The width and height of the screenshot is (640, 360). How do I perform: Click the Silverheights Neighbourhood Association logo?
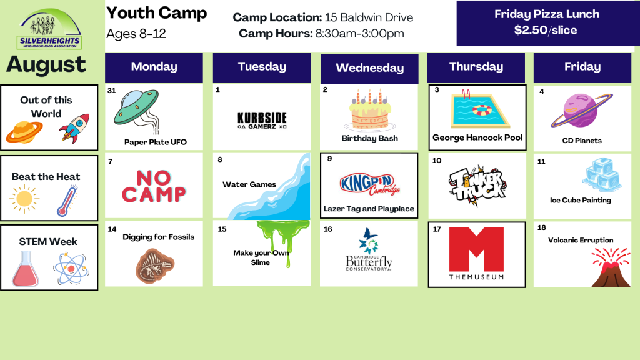[x=50, y=29]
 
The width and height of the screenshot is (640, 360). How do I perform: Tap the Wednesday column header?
[x=369, y=68]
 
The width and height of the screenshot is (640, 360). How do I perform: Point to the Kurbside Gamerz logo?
[x=262, y=121]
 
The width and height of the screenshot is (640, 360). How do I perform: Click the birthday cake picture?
[x=370, y=109]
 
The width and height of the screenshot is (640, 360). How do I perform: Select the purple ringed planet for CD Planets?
[x=582, y=111]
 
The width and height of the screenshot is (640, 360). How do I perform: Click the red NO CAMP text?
[x=154, y=186]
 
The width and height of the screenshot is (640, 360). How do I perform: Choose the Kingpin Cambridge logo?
[x=369, y=184]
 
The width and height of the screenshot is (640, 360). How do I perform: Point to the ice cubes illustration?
[x=602, y=175]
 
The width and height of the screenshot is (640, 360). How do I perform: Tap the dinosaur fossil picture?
[x=155, y=266]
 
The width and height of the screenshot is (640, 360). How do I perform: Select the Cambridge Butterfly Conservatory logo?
[x=369, y=250]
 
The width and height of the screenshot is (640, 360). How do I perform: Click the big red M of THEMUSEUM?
[x=476, y=249]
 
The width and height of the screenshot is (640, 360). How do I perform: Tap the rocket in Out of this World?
[x=75, y=128]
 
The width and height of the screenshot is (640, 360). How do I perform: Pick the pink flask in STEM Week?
[x=26, y=269]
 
